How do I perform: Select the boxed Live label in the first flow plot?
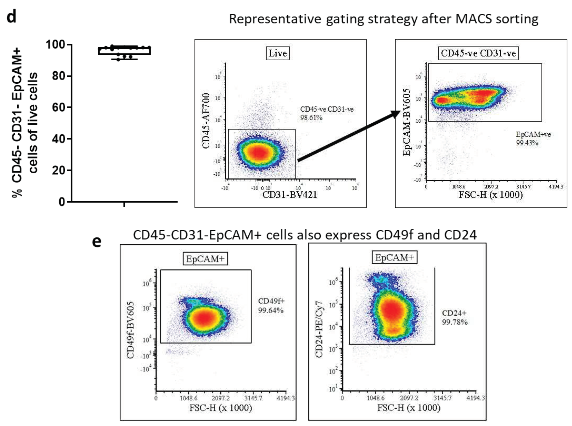pos(278,53)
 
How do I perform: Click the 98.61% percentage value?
pos(311,118)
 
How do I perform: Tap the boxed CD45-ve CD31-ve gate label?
pos(478,53)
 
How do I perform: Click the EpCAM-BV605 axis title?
pos(406,122)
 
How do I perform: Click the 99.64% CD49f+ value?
pos(271,310)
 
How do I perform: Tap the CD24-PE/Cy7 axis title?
pos(319,329)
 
